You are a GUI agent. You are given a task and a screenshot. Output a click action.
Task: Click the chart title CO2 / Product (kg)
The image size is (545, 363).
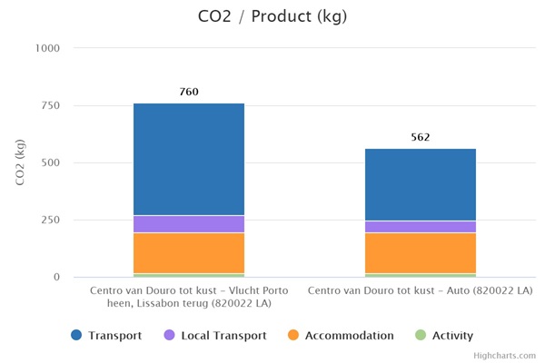272,16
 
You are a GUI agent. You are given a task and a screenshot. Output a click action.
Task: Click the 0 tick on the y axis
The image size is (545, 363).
55,277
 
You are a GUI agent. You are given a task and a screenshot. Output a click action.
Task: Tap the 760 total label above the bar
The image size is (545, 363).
189,92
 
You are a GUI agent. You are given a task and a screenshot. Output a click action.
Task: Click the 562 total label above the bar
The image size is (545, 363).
420,137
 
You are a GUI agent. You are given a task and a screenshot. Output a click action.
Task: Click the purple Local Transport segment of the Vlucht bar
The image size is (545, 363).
189,224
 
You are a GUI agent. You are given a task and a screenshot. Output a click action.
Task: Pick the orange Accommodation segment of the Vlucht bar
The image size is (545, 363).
189,252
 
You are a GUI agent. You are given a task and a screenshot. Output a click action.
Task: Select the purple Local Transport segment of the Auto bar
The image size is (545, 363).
420,227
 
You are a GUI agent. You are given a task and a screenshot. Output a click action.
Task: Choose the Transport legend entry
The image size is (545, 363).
108,336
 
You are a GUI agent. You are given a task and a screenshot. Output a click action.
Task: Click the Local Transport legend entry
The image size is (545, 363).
214,336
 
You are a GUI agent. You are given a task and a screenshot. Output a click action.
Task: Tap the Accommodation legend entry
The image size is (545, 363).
340,336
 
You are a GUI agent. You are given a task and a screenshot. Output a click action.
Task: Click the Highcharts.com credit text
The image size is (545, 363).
510,356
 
